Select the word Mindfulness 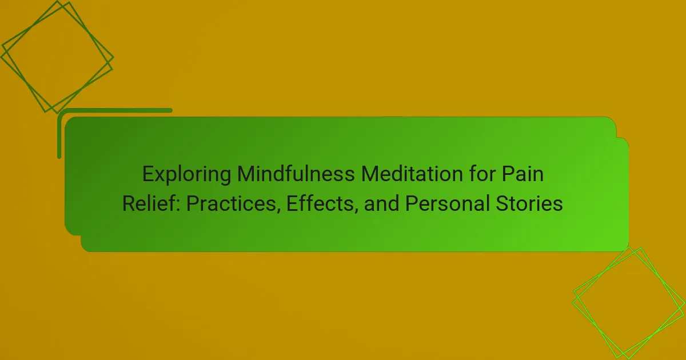coord(296,174)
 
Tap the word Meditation coord(412,174)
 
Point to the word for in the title coord(481,174)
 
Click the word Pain coord(523,174)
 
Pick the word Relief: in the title coord(151,203)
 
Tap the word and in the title coord(382,203)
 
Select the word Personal coord(447,203)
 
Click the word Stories coord(529,203)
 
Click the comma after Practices coord(278,210)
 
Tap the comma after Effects coord(356,210)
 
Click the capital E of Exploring coord(148,174)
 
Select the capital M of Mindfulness coord(246,174)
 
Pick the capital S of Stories coord(502,203)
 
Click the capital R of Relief coord(129,203)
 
